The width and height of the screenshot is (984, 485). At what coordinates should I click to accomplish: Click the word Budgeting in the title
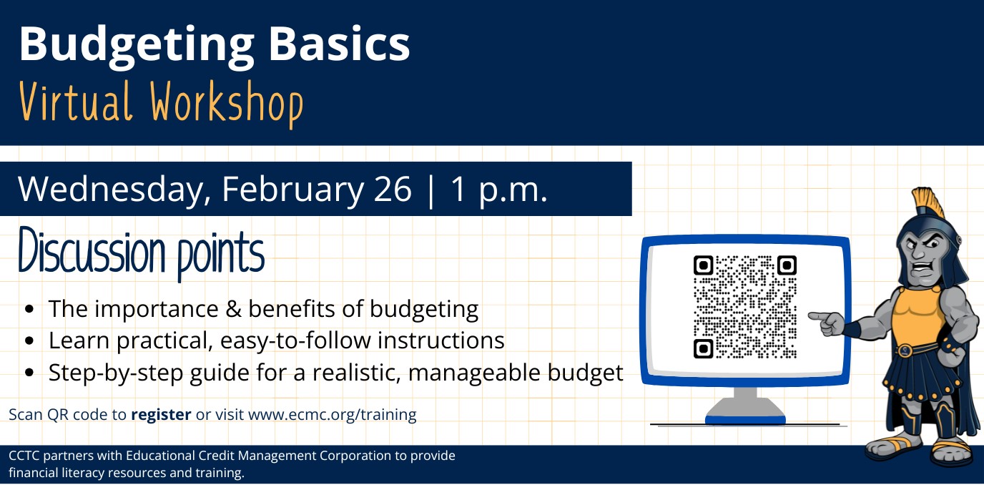click(136, 45)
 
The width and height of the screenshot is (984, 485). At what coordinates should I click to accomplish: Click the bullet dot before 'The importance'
click(29, 310)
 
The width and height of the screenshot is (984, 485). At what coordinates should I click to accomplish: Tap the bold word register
click(161, 414)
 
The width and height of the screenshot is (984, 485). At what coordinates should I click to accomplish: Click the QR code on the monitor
click(744, 307)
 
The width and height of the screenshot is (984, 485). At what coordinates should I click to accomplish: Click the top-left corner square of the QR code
click(704, 265)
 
